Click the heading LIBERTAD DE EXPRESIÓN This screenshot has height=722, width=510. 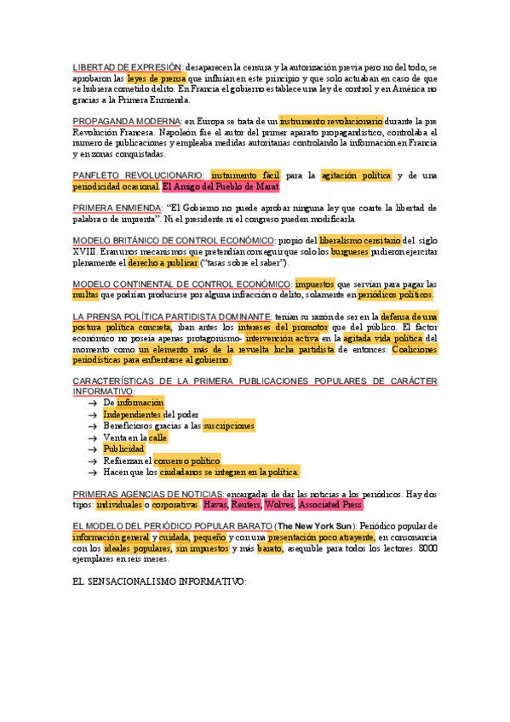(x=127, y=66)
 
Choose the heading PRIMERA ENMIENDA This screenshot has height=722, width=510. (x=117, y=208)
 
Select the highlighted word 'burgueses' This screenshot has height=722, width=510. (x=354, y=253)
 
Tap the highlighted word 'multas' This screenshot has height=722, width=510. (x=86, y=295)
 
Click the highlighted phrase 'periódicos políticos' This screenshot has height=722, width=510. (x=395, y=295)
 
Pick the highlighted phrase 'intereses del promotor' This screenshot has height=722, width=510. (x=284, y=328)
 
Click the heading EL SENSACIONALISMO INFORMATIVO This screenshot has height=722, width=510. (x=159, y=582)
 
